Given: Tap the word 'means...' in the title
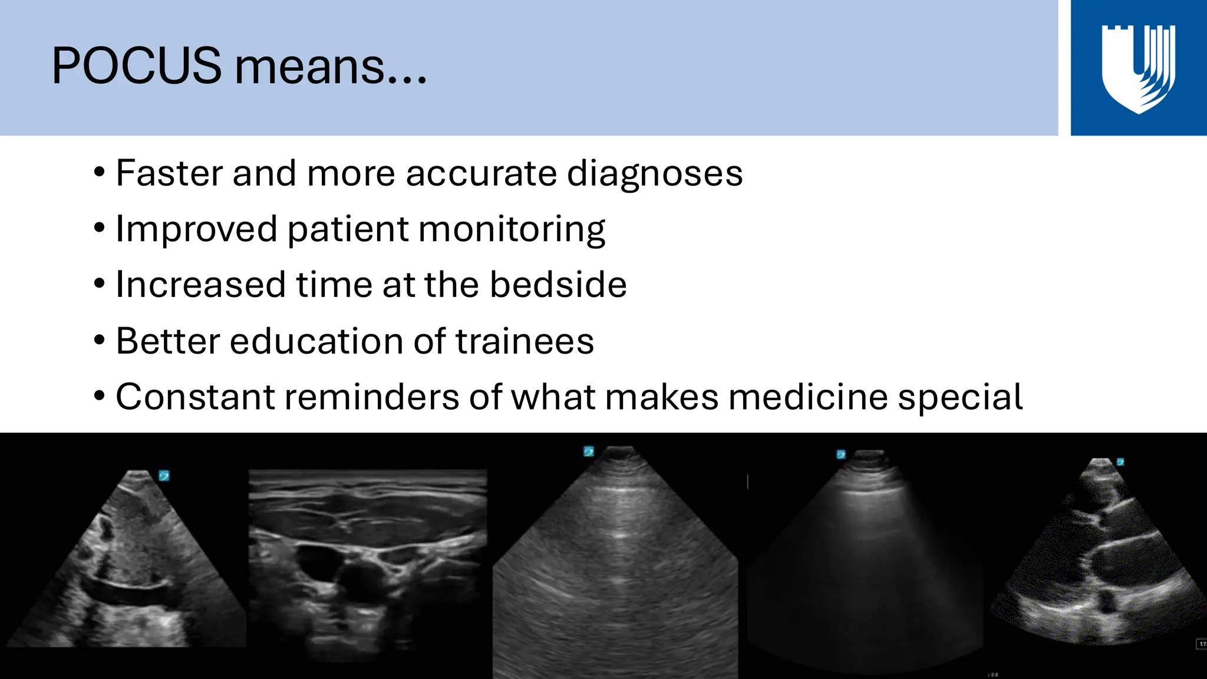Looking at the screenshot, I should pyautogui.click(x=331, y=67).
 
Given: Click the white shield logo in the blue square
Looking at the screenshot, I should pyautogui.click(x=1138, y=68).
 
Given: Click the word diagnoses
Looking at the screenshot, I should pyautogui.click(x=654, y=174).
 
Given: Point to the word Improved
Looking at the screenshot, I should pyautogui.click(x=196, y=229).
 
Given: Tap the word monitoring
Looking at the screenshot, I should pyautogui.click(x=512, y=229).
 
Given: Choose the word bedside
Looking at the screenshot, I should pyautogui.click(x=558, y=285).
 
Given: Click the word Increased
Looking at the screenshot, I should pyautogui.click(x=201, y=285).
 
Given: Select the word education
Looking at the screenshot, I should pyautogui.click(x=316, y=341).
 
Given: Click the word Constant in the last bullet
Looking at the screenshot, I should pyautogui.click(x=195, y=397).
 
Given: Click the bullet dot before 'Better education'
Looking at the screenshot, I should pyautogui.click(x=100, y=341).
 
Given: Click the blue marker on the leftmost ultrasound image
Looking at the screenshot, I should pyautogui.click(x=164, y=475).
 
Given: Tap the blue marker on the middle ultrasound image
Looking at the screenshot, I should pyautogui.click(x=589, y=451).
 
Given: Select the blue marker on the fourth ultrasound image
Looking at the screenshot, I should pyautogui.click(x=841, y=454).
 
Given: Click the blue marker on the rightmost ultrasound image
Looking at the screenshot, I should pyautogui.click(x=1120, y=462).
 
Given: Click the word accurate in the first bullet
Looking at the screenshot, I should pyautogui.click(x=481, y=173).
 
